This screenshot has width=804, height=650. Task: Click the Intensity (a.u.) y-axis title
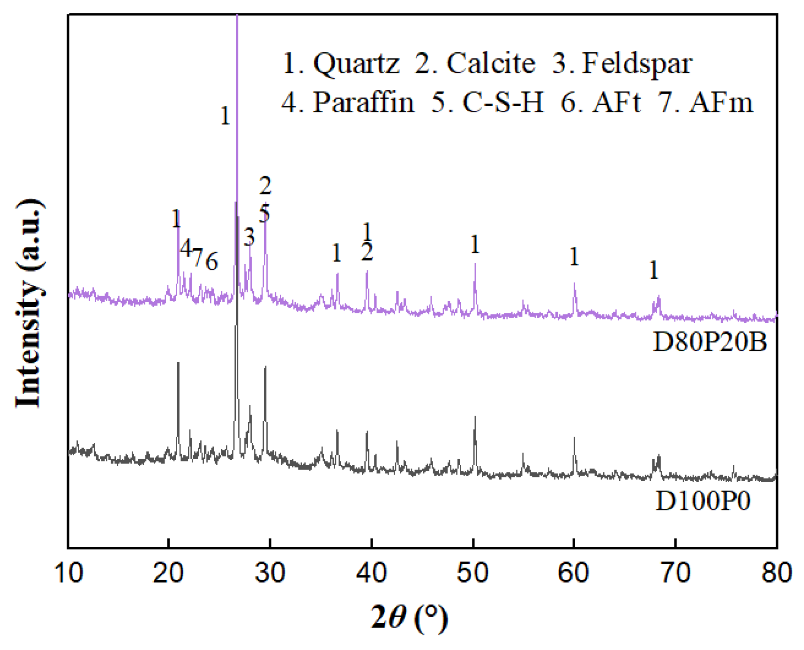29,303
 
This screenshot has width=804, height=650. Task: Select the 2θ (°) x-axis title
409,618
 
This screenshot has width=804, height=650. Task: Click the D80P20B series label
710,342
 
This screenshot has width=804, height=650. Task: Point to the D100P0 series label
703,502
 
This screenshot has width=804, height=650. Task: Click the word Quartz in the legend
356,64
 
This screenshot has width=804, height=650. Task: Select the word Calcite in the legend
491,63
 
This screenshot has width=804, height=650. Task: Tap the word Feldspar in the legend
637,64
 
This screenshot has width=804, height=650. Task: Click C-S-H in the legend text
503,103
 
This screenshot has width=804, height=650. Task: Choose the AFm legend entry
721,103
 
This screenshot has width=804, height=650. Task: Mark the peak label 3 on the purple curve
249,237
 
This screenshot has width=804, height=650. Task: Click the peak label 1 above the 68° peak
654,271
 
